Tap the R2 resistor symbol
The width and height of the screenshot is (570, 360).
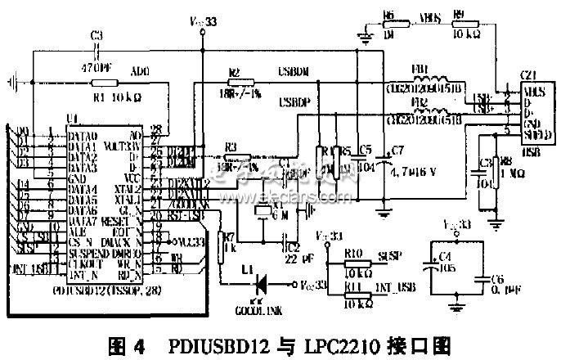[236, 84]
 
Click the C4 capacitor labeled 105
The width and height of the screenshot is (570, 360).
[430, 266]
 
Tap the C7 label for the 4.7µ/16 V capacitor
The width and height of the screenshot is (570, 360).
[398, 149]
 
